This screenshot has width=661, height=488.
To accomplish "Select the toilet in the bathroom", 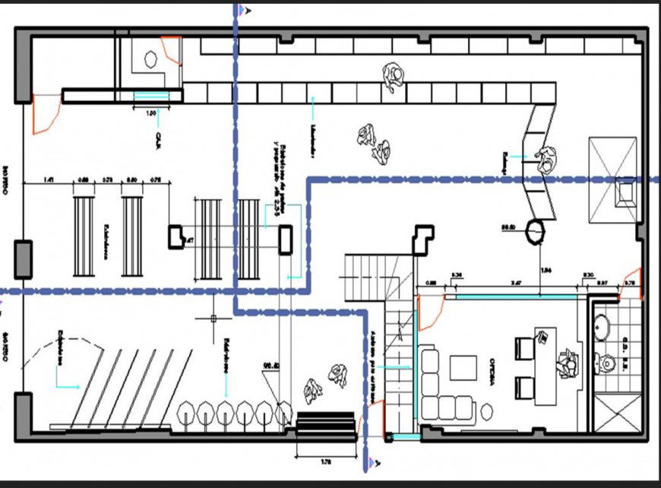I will (608, 363).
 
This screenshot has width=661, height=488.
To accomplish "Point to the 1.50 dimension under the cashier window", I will (151, 112).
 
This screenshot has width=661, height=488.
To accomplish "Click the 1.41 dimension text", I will (49, 180).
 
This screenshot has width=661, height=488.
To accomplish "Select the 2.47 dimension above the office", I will (516, 282).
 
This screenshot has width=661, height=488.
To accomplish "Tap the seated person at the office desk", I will (567, 361).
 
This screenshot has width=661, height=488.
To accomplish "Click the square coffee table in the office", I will (463, 367).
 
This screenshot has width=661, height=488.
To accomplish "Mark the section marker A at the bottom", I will (372, 461).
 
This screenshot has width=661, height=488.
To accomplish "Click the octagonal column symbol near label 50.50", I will (537, 230).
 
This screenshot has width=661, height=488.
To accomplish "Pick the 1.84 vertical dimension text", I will (546, 270).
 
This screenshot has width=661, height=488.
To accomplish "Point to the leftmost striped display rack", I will (83, 236).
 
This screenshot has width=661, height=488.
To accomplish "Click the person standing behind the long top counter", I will (394, 77).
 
